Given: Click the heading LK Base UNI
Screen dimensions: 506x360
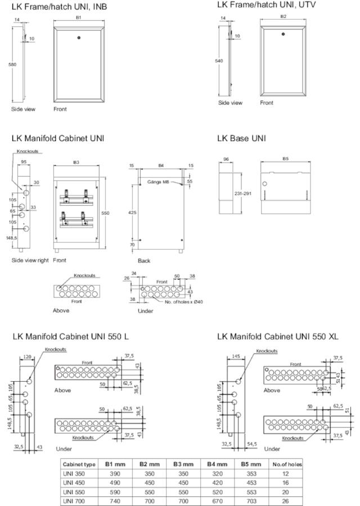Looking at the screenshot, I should tap(241, 138).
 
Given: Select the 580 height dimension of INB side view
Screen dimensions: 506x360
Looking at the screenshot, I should tap(12, 65).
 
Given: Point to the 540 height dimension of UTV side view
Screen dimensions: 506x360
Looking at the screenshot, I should tap(219, 61).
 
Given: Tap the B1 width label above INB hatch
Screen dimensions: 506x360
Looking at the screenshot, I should tap(79, 18).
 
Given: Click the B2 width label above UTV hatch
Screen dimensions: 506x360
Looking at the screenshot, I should tap(283, 16).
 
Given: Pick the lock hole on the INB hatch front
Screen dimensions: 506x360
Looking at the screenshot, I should tap(79, 39).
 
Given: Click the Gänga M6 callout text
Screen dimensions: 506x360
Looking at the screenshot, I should tap(159, 182).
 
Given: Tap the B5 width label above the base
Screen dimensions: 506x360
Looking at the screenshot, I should tap(285, 159).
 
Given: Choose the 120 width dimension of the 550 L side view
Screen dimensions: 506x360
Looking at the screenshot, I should tap(26, 356).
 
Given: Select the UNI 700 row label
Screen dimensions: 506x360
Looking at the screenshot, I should tap(74, 500).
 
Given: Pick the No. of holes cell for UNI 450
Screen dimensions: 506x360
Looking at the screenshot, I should tap(287, 482).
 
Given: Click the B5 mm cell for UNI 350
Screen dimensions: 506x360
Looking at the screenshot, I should tap(251, 473).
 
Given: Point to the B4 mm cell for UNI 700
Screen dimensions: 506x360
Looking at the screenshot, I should tap(217, 500).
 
